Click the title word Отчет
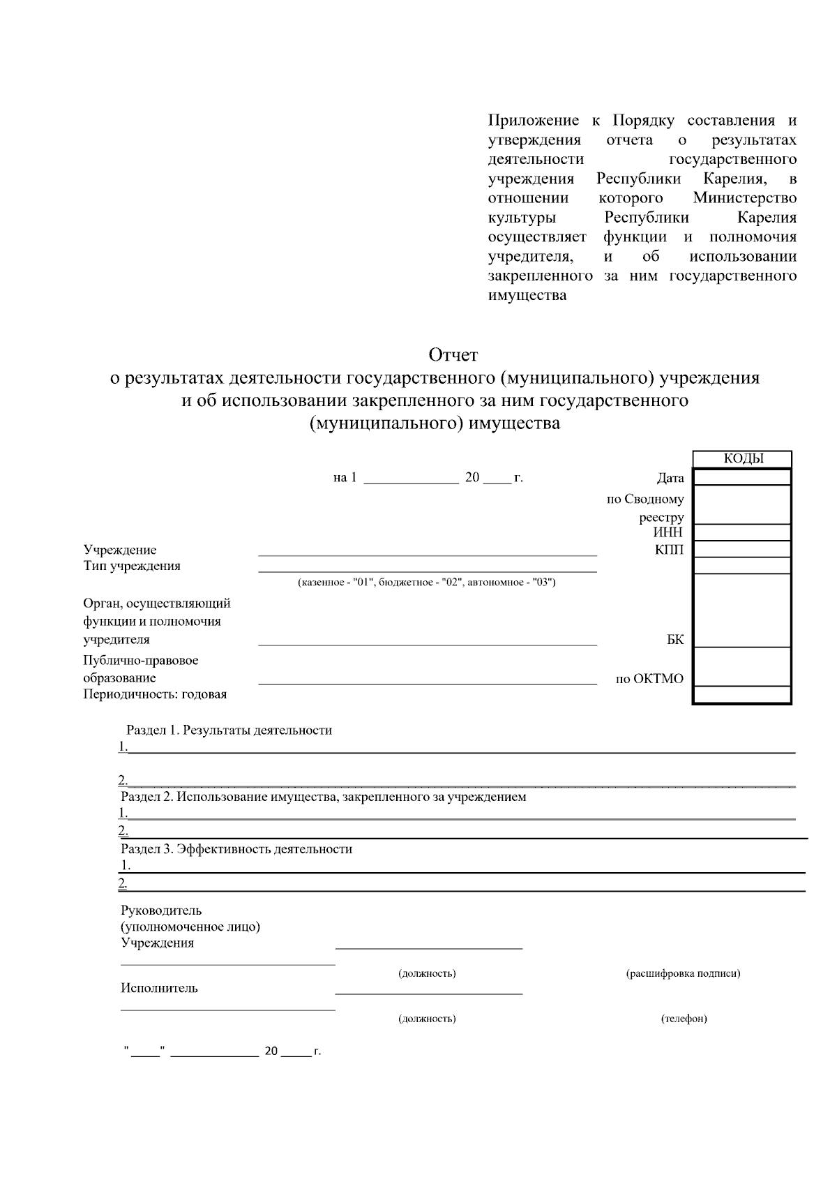coord(453,355)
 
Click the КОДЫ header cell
coord(743,459)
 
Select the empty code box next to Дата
coord(743,478)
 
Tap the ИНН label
coord(668,533)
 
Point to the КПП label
coord(669,550)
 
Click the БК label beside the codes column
coord(675,640)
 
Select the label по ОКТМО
coord(649,679)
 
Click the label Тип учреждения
coord(132,566)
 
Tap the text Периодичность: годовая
coord(155,694)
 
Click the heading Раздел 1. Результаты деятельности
coord(229,730)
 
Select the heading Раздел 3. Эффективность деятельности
coord(236,849)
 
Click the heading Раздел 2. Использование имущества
coord(323,797)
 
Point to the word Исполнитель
coord(159,988)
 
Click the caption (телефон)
coord(684,1019)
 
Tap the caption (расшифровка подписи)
coord(683,973)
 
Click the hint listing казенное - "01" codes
coord(426,582)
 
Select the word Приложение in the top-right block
coord(534,121)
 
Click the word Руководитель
coord(161,911)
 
